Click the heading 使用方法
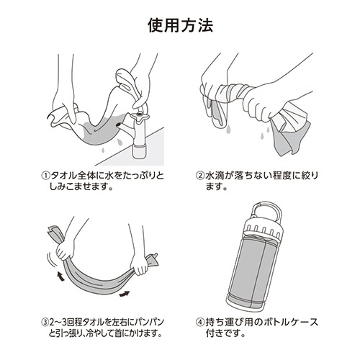pos(180,25)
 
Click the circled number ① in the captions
pos(45,176)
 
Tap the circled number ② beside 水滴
pos(200,176)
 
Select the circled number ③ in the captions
pos(45,323)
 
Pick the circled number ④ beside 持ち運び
pos(200,323)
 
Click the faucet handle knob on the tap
pos(140,117)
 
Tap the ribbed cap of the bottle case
pos(263,230)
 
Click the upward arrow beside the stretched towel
pos(60,276)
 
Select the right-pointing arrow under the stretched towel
pos(125,293)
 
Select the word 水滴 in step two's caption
pos(215,176)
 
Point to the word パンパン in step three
pos(148,323)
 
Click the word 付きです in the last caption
pos(225,333)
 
